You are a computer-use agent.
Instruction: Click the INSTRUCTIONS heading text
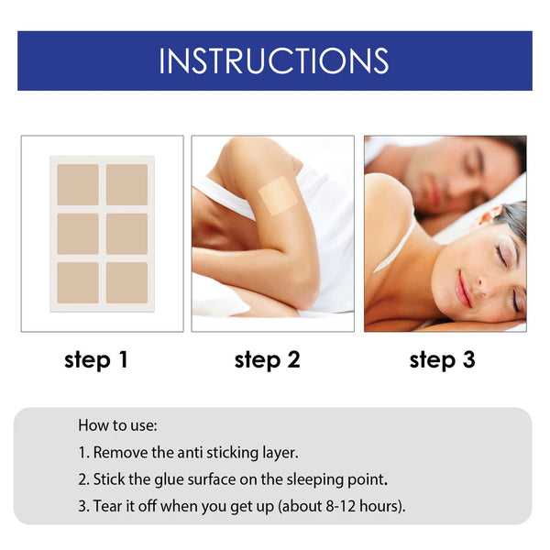point(274,60)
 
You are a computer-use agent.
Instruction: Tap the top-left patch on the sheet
point(78,184)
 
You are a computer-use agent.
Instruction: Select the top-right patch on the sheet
point(126,184)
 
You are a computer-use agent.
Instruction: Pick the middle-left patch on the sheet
point(78,234)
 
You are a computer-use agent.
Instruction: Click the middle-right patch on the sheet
point(126,234)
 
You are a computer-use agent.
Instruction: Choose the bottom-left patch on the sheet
point(78,282)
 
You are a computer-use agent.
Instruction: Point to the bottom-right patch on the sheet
point(126,282)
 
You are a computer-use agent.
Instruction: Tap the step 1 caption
point(96,360)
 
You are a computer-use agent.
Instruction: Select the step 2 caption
point(267,360)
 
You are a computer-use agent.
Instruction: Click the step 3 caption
point(442,360)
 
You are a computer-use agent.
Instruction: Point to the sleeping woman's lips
point(465,289)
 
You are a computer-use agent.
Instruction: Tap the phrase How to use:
point(117,425)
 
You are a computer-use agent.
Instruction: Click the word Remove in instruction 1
point(119,452)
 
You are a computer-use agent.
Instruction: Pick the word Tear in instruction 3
point(109,505)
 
